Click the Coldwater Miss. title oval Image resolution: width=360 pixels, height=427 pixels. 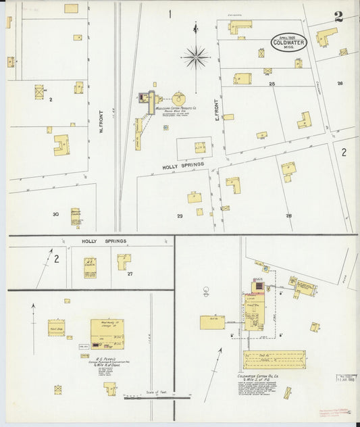288,42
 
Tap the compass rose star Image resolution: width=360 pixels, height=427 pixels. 196,57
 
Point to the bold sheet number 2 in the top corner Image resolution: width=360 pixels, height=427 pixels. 338,17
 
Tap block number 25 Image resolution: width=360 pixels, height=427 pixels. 272,84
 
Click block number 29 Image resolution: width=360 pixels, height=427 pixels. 180,216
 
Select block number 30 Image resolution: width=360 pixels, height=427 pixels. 55,214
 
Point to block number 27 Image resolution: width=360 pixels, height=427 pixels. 129,274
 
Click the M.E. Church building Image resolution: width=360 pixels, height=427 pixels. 90,268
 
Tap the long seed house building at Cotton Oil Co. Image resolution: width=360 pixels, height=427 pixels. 274,359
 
